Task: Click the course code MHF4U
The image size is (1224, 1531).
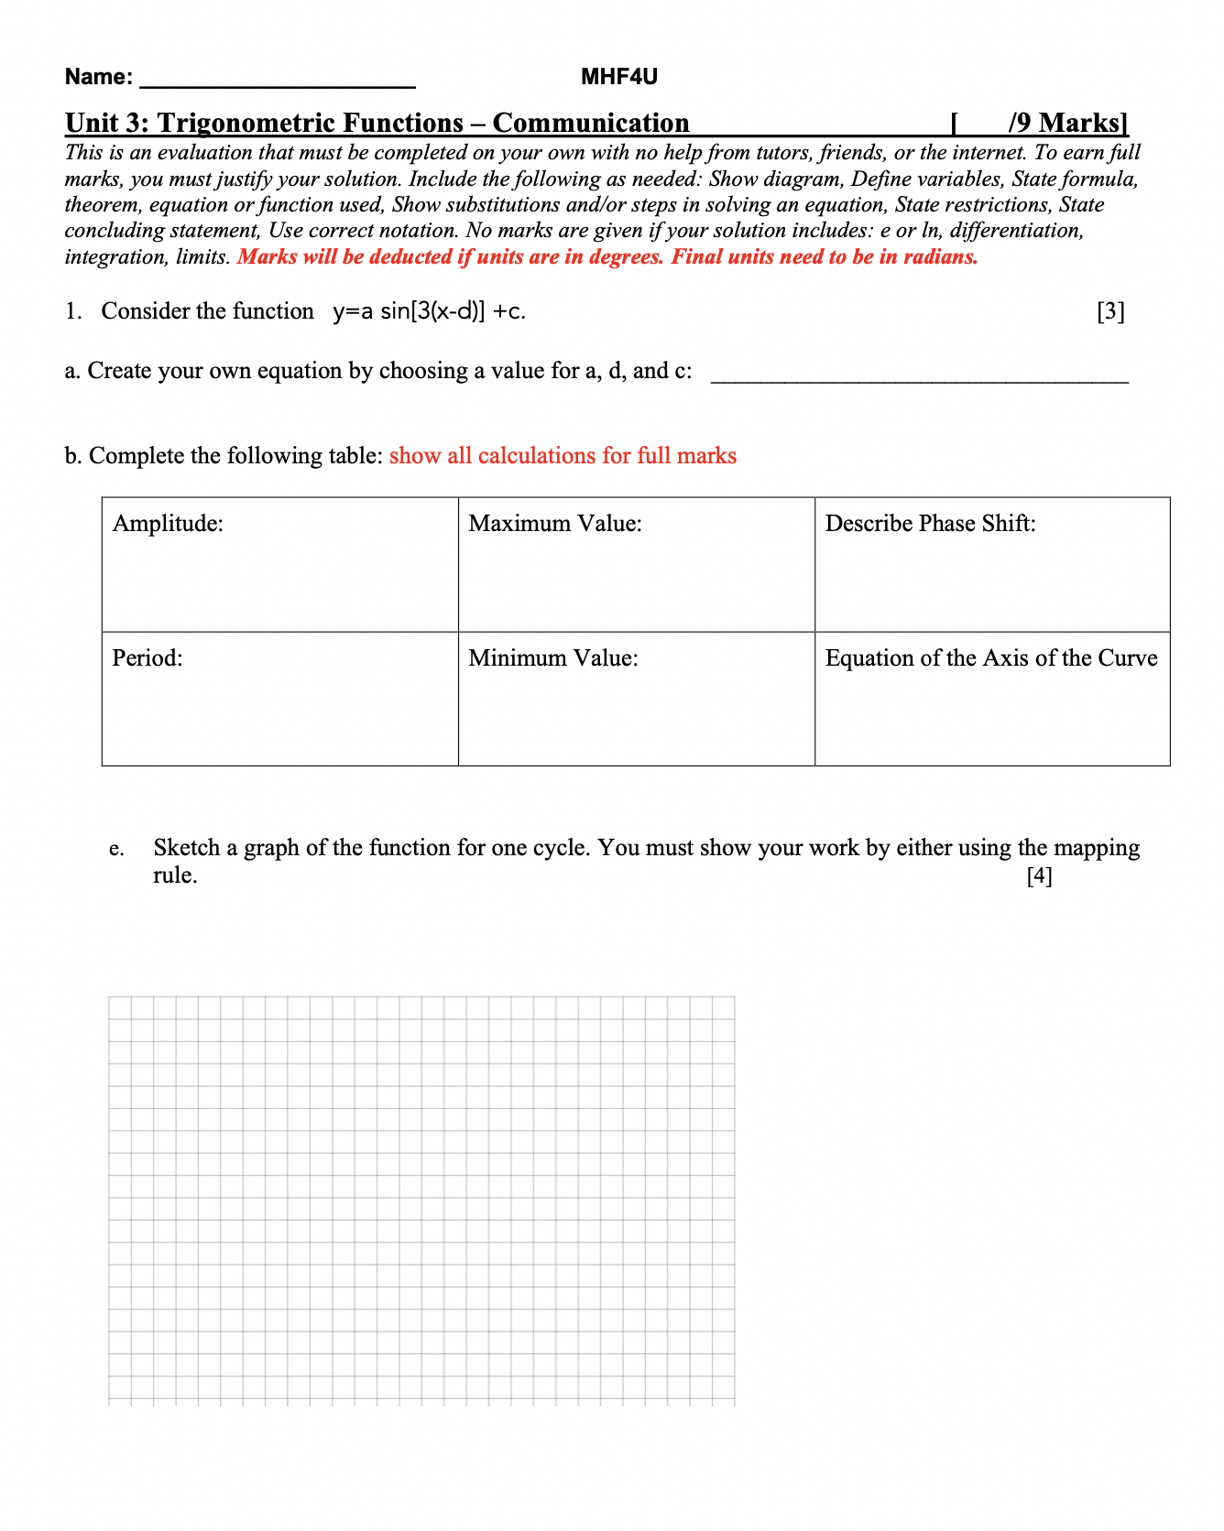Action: [x=618, y=77]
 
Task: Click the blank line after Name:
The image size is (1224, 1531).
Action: [x=277, y=79]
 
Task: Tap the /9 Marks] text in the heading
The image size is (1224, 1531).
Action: [x=1066, y=123]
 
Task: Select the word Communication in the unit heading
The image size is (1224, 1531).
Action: [x=591, y=123]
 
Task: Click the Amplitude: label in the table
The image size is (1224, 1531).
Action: [x=168, y=524]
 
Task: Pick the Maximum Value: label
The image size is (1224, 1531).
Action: [x=555, y=524]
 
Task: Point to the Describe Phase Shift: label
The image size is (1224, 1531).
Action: [x=930, y=524]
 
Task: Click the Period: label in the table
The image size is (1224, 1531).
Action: [x=148, y=658]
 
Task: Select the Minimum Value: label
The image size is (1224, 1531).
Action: [x=553, y=658]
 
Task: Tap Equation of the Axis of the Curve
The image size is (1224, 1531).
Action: [x=991, y=658]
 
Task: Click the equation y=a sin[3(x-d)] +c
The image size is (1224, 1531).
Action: [x=429, y=311]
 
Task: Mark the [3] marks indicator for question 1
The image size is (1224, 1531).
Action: [x=1110, y=312]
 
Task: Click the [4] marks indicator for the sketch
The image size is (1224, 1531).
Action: [x=1039, y=876]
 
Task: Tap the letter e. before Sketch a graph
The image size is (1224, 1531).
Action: [x=116, y=849]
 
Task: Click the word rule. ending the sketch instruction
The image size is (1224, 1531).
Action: [x=175, y=875]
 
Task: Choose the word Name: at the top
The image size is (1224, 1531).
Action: [x=99, y=77]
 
